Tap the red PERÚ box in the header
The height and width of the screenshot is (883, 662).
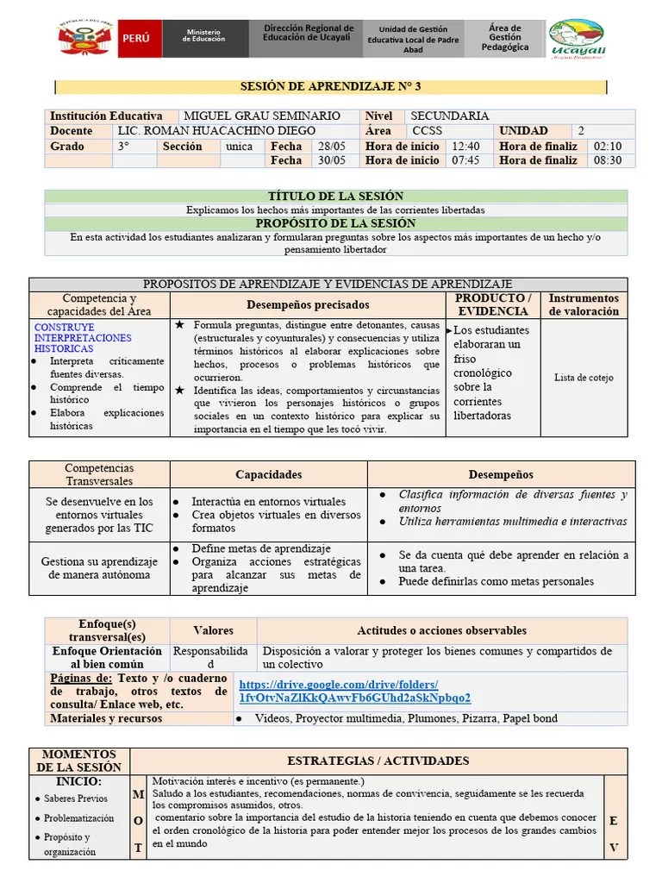coord(136,39)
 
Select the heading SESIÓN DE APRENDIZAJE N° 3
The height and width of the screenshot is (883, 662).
coord(331,87)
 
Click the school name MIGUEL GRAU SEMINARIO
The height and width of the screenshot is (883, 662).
coord(262,116)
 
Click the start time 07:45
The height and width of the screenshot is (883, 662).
coord(465,160)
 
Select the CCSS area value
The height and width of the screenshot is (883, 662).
coord(428,131)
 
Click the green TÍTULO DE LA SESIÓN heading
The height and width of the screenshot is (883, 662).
coord(336,197)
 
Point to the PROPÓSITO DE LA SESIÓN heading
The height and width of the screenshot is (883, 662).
coord(336,223)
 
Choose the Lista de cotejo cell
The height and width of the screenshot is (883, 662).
coord(584,378)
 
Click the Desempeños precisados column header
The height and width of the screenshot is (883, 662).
coord(308,304)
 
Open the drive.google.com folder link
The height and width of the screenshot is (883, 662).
coord(354,690)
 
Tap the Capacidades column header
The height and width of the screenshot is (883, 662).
coord(270,474)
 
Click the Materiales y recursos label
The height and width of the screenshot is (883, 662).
coord(106,718)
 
